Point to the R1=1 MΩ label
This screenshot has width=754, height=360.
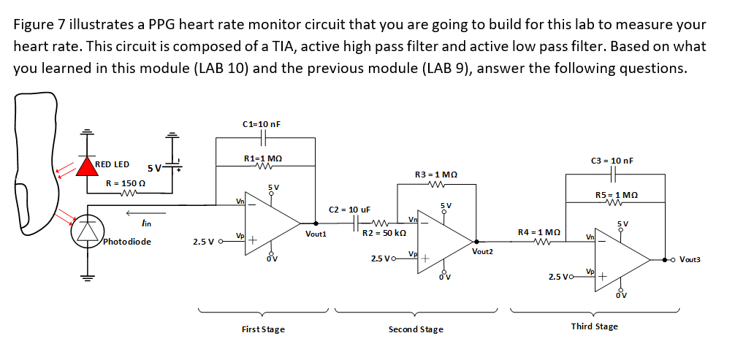(262, 158)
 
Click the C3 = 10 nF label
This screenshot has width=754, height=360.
(612, 160)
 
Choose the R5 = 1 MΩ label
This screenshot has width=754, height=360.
(617, 194)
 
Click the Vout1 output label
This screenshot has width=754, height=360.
(316, 234)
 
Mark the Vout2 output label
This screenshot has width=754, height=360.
(483, 251)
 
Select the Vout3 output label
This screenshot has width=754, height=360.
(690, 259)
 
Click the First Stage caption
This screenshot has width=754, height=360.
(263, 329)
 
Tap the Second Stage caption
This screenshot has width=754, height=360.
(416, 329)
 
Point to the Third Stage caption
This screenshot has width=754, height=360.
(594, 326)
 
